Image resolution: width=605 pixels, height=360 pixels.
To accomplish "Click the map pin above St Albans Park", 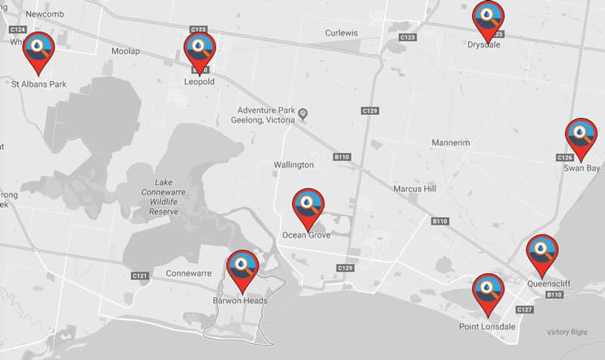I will click(37, 48).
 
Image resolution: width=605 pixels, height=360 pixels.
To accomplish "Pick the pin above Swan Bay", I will click(581, 135).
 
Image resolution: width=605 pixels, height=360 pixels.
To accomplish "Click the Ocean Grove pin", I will click(308, 205).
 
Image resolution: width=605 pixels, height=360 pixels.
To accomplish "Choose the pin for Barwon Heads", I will click(242, 267).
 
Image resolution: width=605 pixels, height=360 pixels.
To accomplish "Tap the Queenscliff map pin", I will click(541, 252).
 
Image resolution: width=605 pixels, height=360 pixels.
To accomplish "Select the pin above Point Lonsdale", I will click(489, 290).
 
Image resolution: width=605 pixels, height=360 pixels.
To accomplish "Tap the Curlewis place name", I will click(341, 33).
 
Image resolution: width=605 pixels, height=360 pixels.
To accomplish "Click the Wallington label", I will click(293, 165).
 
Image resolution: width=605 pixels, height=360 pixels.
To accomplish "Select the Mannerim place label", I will click(451, 143).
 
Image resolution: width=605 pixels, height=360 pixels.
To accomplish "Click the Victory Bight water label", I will click(566, 333).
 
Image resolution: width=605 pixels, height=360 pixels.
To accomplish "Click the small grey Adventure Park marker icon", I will click(302, 114).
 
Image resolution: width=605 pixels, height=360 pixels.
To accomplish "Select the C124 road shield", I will click(18, 29).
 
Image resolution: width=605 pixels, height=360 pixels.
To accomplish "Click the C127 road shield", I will click(525, 310).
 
